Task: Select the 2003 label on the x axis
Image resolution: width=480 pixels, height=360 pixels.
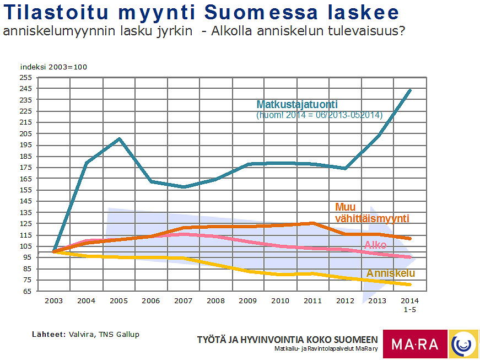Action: [x=54, y=300]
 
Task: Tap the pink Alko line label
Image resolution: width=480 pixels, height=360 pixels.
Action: [x=375, y=245]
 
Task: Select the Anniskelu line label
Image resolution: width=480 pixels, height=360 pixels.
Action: [x=391, y=273]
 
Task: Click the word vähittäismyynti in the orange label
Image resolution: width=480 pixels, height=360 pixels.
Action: [x=372, y=219]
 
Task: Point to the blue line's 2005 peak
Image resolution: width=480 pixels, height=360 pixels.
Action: [x=119, y=138]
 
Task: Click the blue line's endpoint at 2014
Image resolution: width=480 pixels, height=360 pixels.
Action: [x=410, y=90]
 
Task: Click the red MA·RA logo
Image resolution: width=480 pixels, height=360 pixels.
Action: [x=415, y=344]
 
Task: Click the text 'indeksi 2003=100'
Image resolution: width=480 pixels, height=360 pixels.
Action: [x=53, y=67]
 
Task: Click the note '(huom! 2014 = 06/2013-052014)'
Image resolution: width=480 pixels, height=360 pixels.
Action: [x=320, y=115]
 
